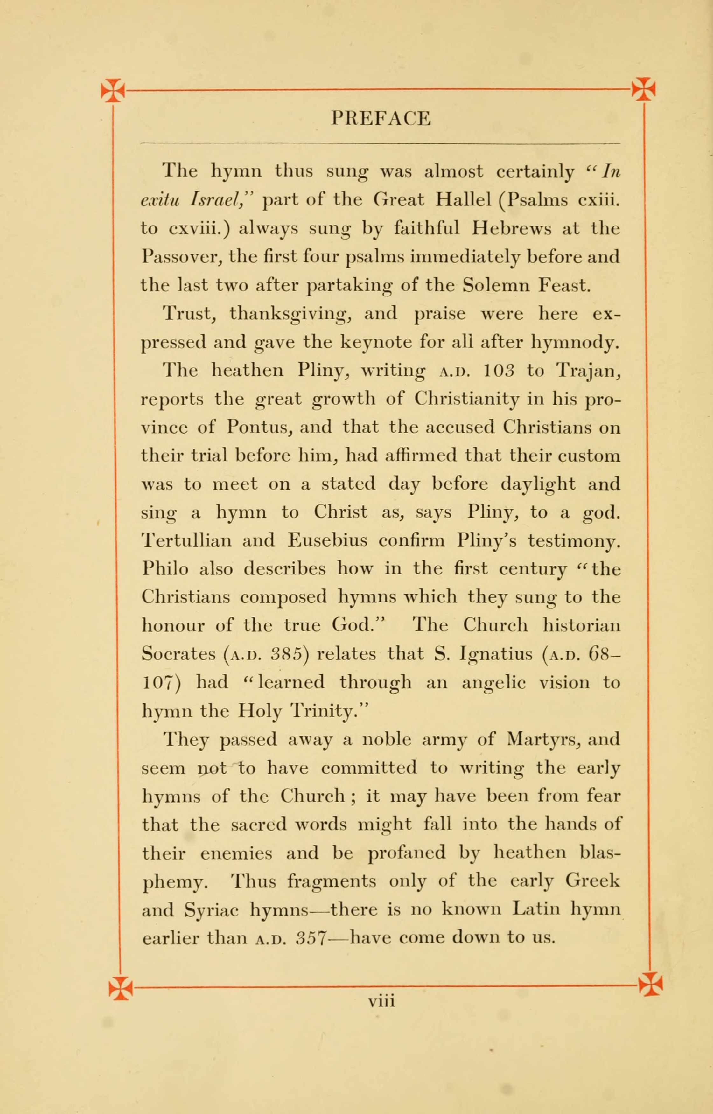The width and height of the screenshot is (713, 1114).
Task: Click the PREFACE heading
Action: tap(381, 118)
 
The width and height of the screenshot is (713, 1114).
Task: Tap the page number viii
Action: tap(381, 1001)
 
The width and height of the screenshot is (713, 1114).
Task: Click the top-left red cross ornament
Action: tap(113, 89)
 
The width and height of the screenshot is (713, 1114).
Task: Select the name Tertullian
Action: tap(186, 540)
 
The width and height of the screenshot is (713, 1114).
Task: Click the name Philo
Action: tap(165, 569)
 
